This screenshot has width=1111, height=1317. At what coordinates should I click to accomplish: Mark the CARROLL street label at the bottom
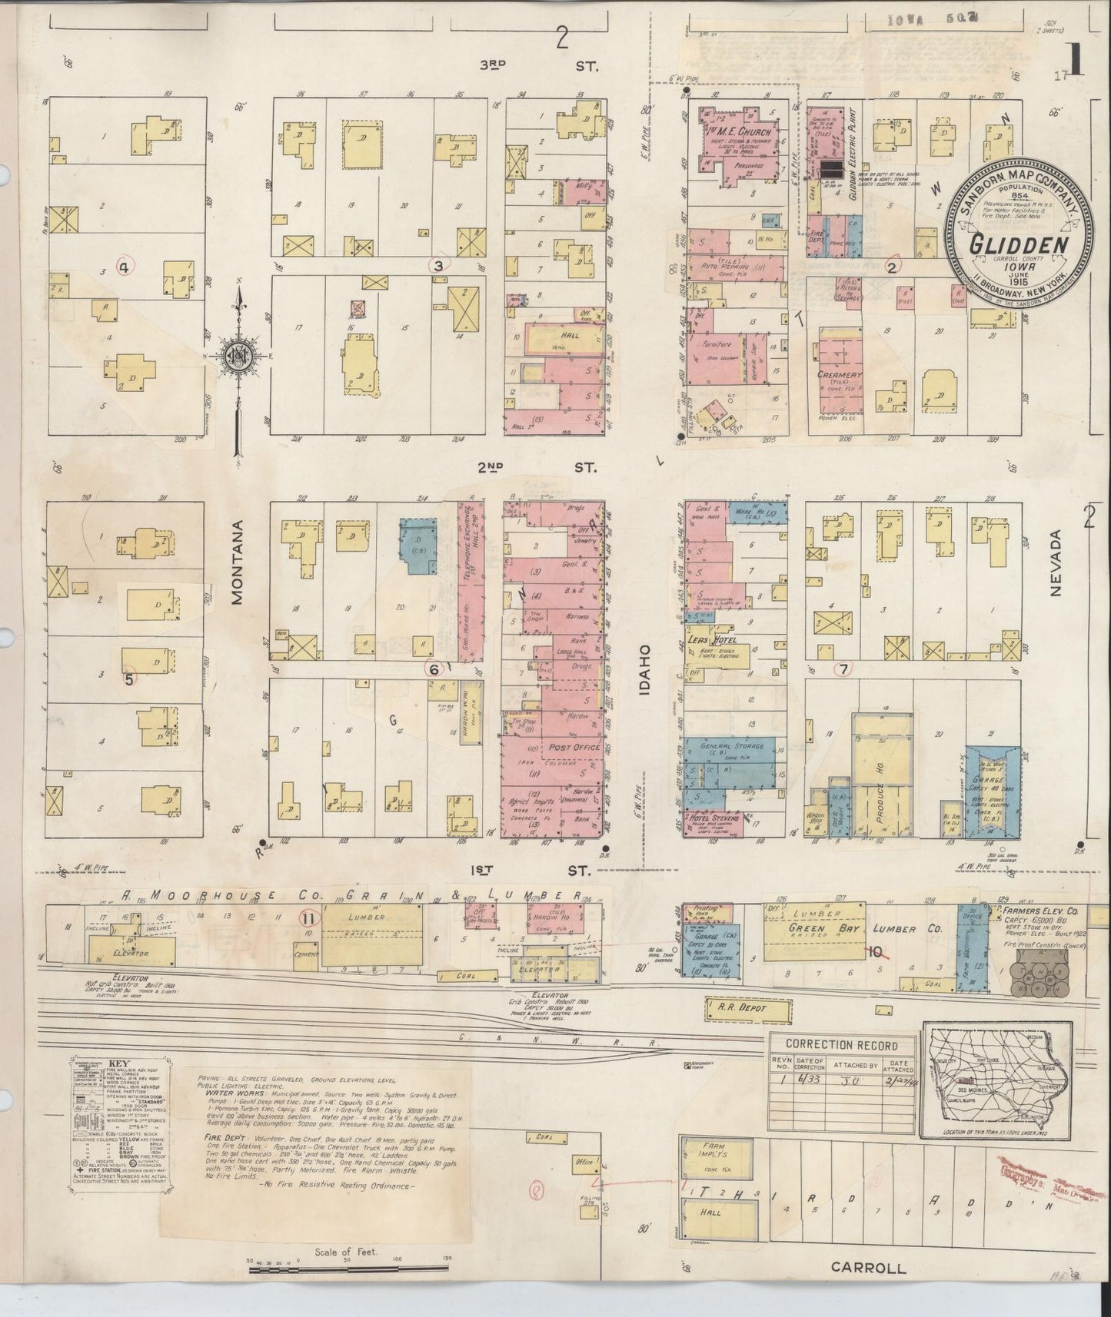coord(867,1268)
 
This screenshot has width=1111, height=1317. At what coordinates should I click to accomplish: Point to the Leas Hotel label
coord(713,639)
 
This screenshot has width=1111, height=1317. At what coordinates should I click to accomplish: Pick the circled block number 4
coord(125,267)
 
